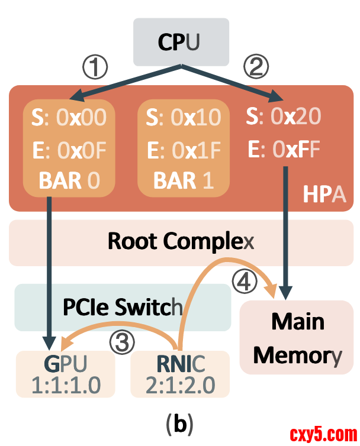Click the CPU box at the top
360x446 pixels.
click(x=181, y=42)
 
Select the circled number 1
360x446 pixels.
click(x=94, y=67)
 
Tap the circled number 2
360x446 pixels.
click(x=256, y=67)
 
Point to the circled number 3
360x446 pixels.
click(x=123, y=342)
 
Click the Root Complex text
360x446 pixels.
click(x=181, y=241)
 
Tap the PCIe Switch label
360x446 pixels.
click(x=123, y=308)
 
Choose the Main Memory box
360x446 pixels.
click(x=298, y=338)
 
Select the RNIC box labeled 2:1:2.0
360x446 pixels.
click(x=181, y=374)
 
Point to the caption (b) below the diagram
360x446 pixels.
click(x=180, y=423)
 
